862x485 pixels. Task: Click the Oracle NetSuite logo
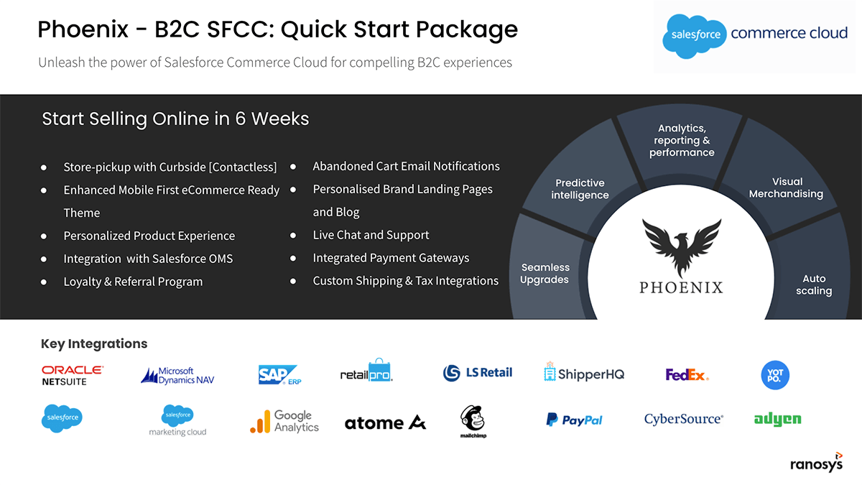click(73, 375)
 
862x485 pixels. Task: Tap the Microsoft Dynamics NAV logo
click(177, 376)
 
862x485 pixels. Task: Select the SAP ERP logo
click(279, 375)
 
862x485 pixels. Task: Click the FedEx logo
click(687, 374)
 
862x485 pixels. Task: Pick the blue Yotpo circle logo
click(775, 375)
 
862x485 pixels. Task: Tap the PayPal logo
click(574, 420)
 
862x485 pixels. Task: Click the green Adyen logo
click(777, 419)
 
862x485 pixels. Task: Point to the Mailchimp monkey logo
click(473, 421)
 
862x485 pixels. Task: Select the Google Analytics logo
click(284, 421)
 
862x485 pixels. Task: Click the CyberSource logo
click(684, 419)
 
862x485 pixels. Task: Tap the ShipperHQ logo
click(584, 372)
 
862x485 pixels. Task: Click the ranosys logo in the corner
click(817, 462)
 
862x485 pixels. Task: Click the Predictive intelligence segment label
click(580, 189)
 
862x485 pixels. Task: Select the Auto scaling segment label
click(814, 285)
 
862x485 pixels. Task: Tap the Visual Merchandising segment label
click(786, 188)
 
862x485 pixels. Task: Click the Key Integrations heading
click(94, 343)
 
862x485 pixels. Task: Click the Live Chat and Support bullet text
click(371, 235)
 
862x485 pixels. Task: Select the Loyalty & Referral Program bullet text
click(133, 282)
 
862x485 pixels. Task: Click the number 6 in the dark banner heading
click(240, 119)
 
